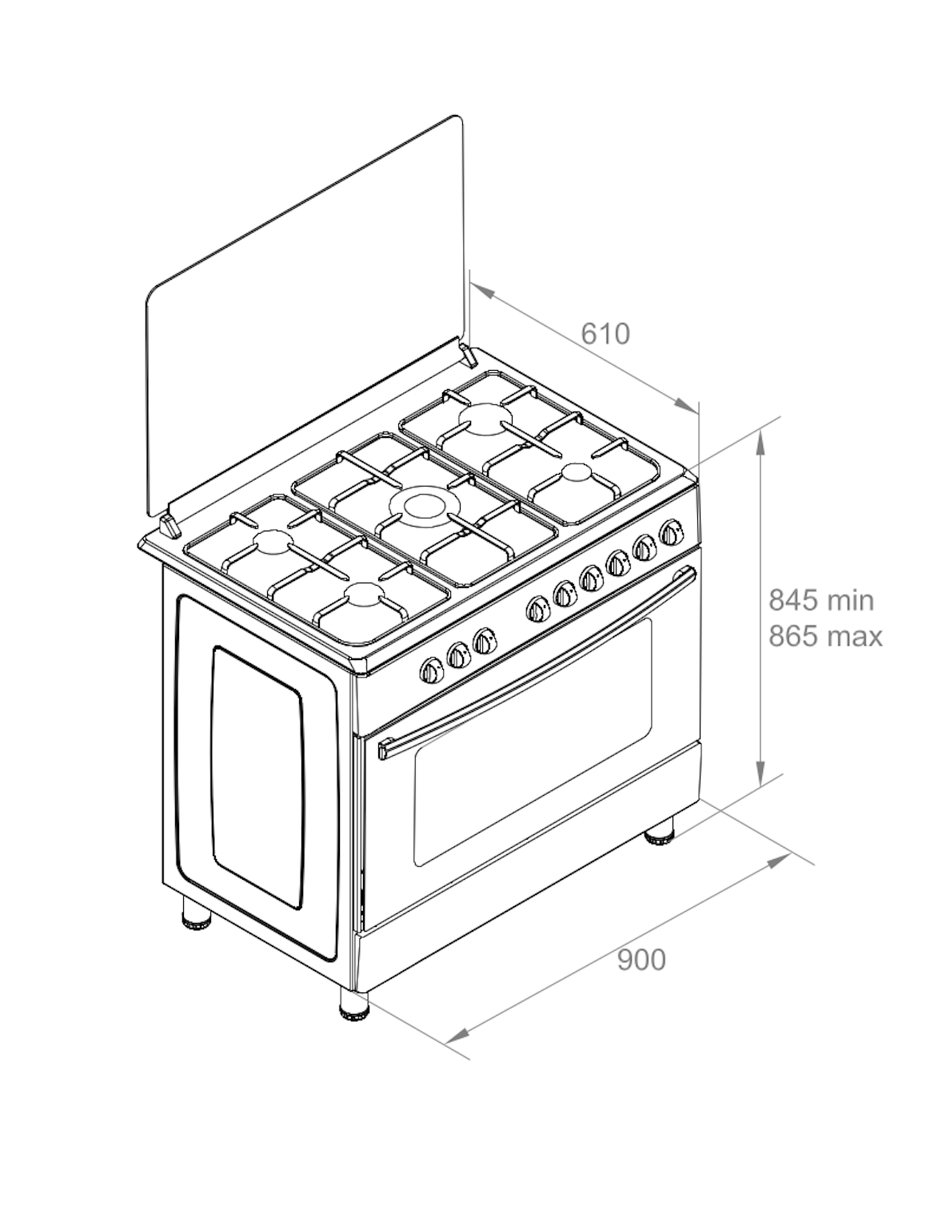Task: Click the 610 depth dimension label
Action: (x=605, y=334)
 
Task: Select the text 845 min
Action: (x=821, y=600)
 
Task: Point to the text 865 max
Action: (x=825, y=636)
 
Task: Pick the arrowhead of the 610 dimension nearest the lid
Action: (x=482, y=291)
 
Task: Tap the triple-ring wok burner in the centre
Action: (x=425, y=508)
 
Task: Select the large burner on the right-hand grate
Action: (x=485, y=420)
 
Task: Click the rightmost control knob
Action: (x=671, y=532)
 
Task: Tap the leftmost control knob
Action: (x=432, y=670)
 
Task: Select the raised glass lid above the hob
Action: (x=305, y=316)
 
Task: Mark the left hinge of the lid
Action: (x=170, y=527)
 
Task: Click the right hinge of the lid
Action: (x=469, y=356)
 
